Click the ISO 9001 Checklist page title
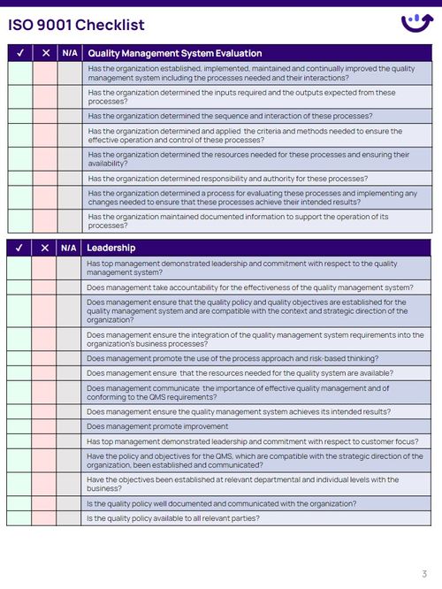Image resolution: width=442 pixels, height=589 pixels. pos(76,25)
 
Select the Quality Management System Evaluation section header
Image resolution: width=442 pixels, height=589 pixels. pos(175,53)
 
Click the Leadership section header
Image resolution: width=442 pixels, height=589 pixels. pos(111,248)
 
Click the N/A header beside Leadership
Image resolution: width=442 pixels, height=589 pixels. pos(69,248)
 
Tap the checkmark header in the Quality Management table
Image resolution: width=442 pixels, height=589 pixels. pos(19,53)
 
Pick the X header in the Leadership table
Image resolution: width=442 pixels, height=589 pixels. pos(45,248)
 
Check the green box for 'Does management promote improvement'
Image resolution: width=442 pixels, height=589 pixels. pos(19,425)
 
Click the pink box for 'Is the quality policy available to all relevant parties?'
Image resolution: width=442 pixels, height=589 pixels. pos(45,517)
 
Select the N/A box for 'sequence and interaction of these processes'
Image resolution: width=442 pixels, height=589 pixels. pos(69,116)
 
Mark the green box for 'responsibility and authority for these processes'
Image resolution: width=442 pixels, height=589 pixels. pos(19,178)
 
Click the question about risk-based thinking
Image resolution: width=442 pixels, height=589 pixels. pos(232,358)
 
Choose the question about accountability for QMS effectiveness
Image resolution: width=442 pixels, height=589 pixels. pos(250,287)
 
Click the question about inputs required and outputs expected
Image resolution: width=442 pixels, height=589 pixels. pos(241,96)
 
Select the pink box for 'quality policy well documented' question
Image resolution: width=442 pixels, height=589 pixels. pos(45,503)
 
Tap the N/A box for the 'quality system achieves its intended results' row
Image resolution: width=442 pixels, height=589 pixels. pos(69,411)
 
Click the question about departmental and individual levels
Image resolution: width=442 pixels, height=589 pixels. pos(242,484)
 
